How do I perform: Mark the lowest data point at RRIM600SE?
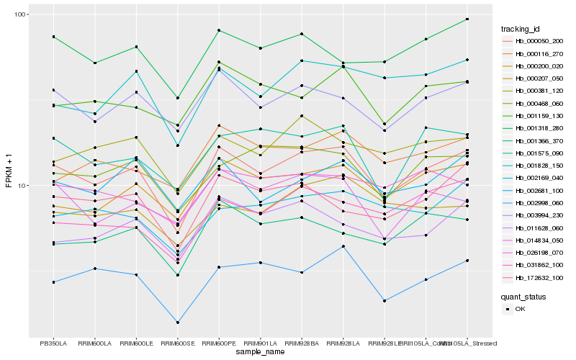click(178, 323)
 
